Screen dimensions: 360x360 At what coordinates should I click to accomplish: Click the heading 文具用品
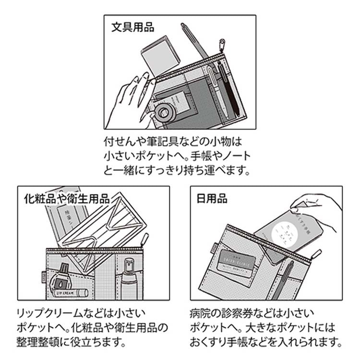tap(132, 27)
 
